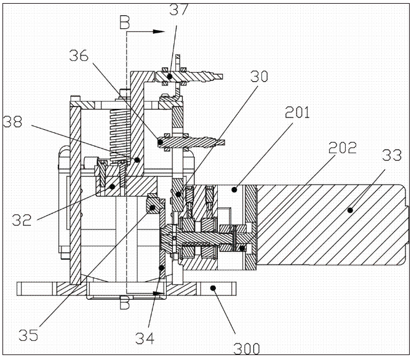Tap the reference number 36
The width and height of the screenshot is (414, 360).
tap(79, 56)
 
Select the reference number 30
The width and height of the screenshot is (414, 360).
tap(259, 76)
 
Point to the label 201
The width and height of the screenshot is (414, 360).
tap(297, 113)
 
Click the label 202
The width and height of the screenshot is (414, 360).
tap(343, 148)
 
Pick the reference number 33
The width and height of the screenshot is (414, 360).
tap(392, 155)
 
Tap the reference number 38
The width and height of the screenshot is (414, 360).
tap(12, 122)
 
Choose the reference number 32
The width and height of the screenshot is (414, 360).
tap(22, 220)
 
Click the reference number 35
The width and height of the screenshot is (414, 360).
tap(28, 335)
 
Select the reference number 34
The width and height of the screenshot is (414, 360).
tap(145, 338)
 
